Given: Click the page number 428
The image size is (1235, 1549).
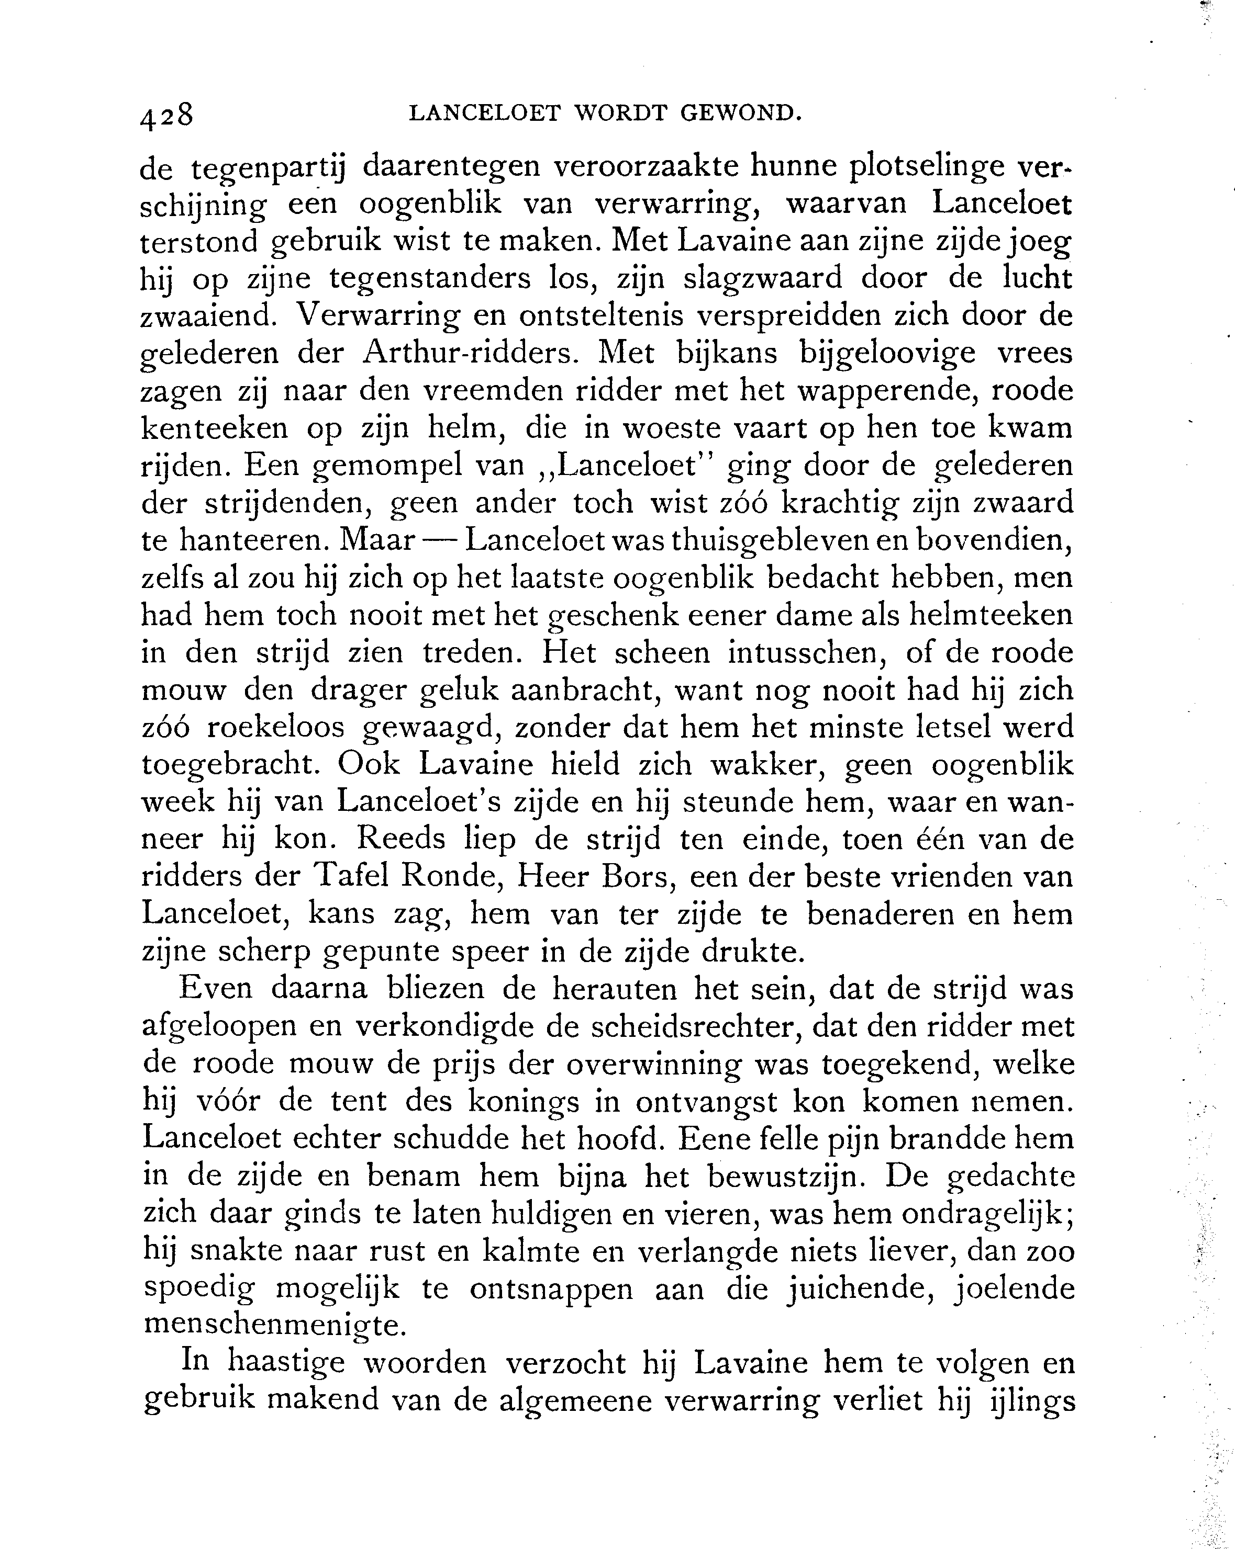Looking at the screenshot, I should click(167, 116).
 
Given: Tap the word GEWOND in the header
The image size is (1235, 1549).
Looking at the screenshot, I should click(740, 113).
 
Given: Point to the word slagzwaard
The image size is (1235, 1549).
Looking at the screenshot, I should click(762, 278).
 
